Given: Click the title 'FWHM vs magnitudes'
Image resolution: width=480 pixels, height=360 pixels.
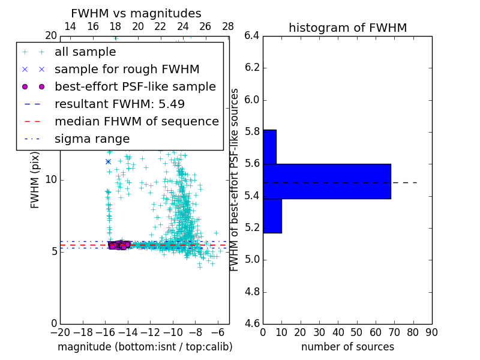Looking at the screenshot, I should click(136, 14).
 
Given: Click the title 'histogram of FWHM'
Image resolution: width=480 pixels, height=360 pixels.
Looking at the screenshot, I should click(347, 28).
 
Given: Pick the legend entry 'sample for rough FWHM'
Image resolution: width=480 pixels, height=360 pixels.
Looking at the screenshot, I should click(127, 70).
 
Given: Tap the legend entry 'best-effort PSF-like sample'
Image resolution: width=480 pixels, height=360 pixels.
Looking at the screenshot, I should click(135, 87).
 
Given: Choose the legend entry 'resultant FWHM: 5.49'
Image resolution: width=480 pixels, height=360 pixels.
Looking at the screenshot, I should click(119, 104).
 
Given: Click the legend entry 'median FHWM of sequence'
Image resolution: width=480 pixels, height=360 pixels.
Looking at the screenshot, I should click(136, 122).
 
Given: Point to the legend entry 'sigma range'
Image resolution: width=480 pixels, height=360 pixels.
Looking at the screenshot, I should click(92, 139).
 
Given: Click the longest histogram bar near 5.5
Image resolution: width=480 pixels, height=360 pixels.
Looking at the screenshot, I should click(326, 181).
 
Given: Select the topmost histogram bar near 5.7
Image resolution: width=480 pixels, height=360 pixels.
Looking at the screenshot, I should click(269, 146).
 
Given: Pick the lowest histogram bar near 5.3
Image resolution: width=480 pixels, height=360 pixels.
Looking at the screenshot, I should click(272, 215).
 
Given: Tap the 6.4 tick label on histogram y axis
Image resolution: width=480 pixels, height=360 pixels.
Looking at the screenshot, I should click(251, 36).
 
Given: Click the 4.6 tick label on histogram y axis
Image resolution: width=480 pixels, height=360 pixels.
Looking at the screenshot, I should click(251, 323).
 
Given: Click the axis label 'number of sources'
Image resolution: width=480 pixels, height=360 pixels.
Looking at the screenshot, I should click(347, 347).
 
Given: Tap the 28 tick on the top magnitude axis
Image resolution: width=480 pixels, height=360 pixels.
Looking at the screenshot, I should click(228, 26).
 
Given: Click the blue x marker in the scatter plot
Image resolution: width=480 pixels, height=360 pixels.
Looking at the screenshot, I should click(108, 161).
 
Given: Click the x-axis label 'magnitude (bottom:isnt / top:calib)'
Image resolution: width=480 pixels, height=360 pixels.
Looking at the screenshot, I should click(145, 347).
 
